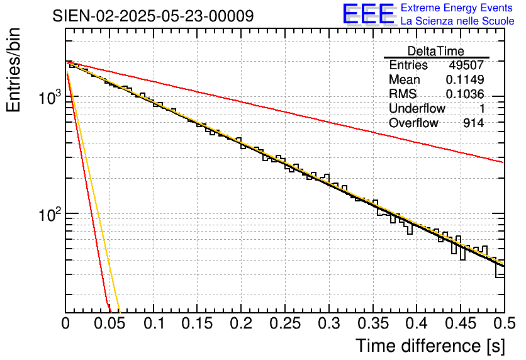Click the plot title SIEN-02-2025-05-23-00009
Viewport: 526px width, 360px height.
[x=154, y=16]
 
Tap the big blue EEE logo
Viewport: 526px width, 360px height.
[x=368, y=14]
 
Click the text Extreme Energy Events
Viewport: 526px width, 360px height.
[x=456, y=8]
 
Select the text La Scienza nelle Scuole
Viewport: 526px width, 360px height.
[x=457, y=21]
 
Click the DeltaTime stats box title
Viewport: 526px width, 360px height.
[x=436, y=51]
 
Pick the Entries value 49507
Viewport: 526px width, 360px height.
[x=466, y=65]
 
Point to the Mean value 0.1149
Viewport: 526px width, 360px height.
[x=465, y=80]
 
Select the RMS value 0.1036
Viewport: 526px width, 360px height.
[x=465, y=94]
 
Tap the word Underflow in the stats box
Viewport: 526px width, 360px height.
[x=417, y=109]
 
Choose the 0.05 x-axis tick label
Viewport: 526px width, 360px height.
[x=109, y=323]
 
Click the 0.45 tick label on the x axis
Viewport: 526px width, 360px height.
[x=461, y=323]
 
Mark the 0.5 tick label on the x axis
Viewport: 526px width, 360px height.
[x=504, y=323]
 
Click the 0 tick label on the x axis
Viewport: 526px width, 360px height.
[x=66, y=323]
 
